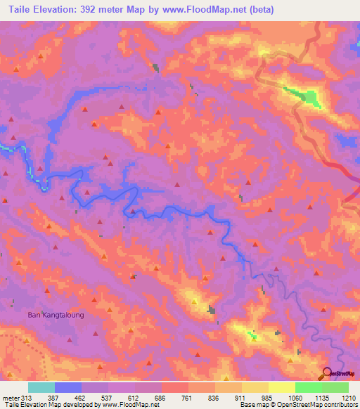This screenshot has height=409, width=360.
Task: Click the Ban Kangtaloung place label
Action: pos(56,315)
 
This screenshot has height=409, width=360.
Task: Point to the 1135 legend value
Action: pos(321,398)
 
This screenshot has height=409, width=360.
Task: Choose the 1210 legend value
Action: pos(348,398)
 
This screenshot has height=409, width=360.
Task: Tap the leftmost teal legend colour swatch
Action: pos(41,387)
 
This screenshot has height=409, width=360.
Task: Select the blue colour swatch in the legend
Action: pos(67,387)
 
